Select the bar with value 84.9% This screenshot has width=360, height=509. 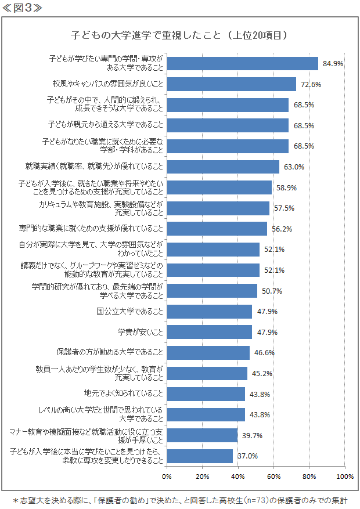(x=242, y=63)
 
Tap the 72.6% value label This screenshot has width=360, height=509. (x=311, y=84)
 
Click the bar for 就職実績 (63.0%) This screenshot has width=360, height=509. (x=223, y=167)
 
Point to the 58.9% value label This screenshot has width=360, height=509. (x=286, y=187)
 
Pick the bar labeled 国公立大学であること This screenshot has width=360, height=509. (x=209, y=311)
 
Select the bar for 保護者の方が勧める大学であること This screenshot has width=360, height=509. (x=208, y=352)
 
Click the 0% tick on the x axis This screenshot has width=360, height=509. (x=167, y=476)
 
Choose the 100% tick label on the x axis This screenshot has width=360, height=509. (x=344, y=476)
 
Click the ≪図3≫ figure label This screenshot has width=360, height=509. (x=21, y=8)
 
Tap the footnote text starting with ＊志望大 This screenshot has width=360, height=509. (x=181, y=499)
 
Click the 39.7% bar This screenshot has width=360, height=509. (x=202, y=435)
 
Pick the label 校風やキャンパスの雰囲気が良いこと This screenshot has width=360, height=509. (x=108, y=84)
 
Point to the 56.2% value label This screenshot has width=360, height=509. (x=282, y=229)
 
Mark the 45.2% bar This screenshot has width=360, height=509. (x=207, y=373)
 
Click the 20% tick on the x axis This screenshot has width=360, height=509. (x=202, y=476)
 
